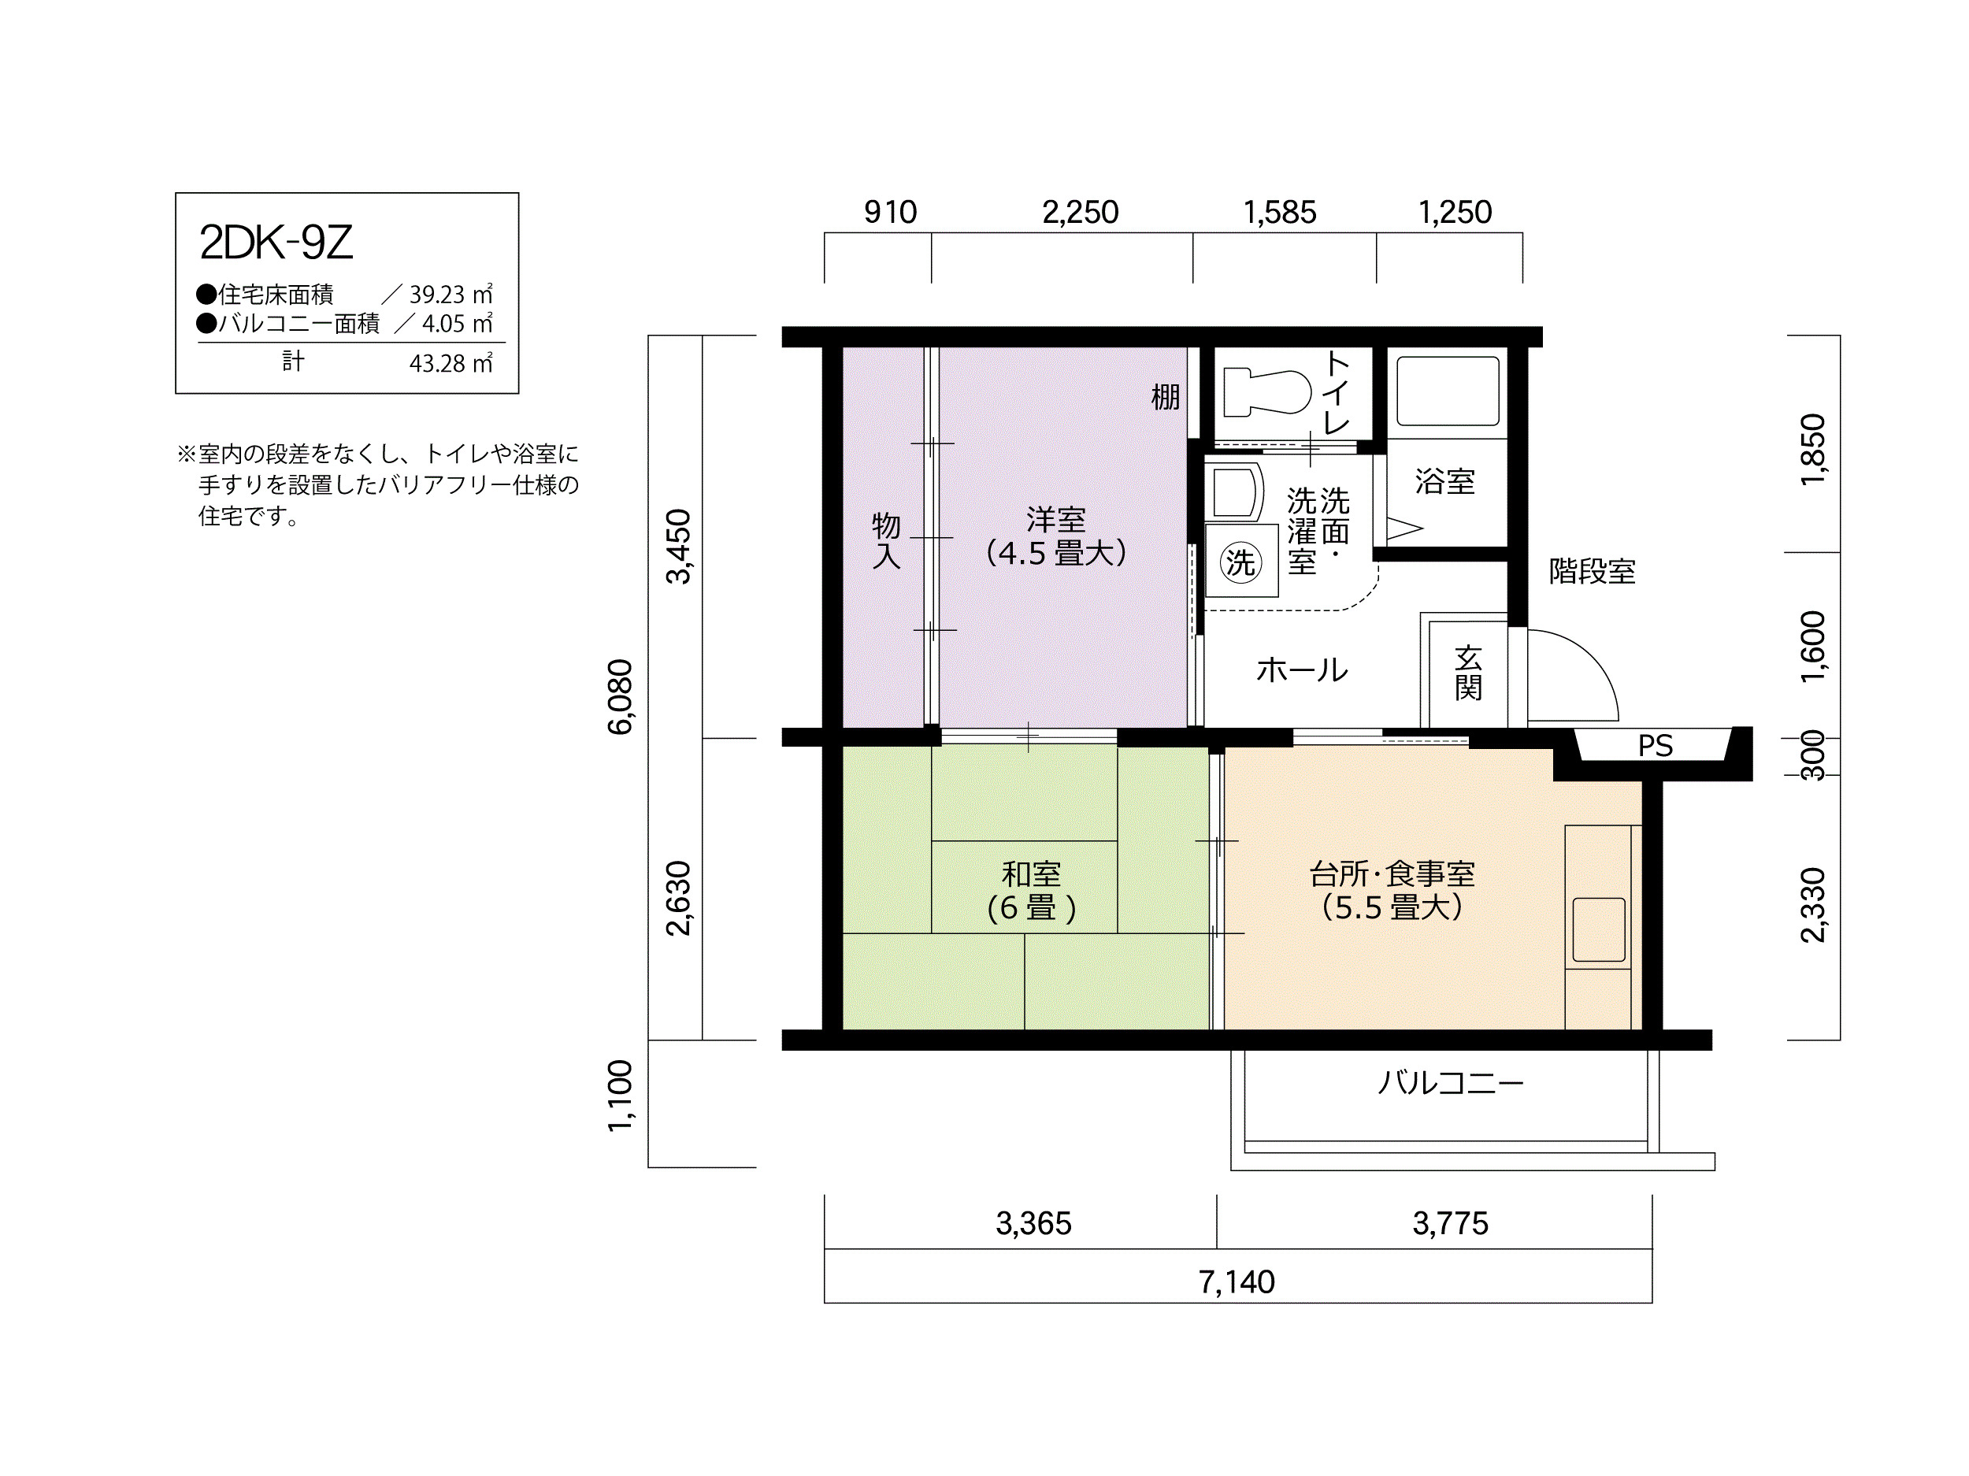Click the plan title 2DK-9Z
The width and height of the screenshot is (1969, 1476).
tap(276, 242)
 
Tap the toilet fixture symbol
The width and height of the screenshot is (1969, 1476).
tap(1266, 392)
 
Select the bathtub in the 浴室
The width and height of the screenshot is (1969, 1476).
tap(1448, 391)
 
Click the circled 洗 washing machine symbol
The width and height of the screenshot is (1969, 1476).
tap(1240, 562)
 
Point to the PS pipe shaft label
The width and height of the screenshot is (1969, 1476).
tap(1656, 746)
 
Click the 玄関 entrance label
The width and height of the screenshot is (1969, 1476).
tap(1468, 673)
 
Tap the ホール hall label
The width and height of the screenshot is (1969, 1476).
tap(1302, 669)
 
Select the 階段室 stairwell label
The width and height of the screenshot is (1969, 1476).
tap(1593, 572)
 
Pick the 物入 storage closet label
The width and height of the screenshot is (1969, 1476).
tap(886, 540)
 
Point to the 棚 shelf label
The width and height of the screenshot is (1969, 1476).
tap(1165, 397)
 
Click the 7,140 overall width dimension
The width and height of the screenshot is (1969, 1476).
tap(1237, 1282)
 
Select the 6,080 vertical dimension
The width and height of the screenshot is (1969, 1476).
tap(621, 697)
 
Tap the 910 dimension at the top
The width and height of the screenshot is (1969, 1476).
tap(890, 213)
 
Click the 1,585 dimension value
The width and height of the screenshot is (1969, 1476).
tap(1279, 213)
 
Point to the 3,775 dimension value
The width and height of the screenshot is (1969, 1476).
tap(1450, 1223)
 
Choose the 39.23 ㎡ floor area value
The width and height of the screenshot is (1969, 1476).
tap(451, 295)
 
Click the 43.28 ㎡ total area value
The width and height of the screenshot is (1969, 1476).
tap(451, 364)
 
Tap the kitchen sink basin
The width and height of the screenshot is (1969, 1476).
tap(1599, 929)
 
